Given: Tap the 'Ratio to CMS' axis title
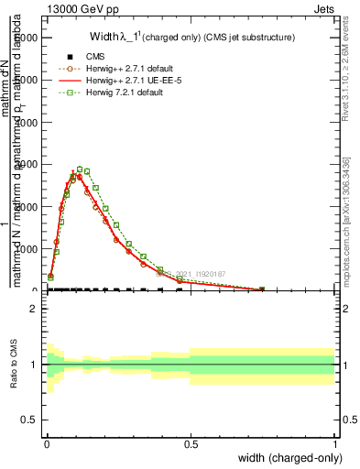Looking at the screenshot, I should [x=13, y=365].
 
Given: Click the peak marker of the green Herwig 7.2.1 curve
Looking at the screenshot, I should [x=81, y=169].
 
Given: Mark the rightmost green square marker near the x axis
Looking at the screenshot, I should [x=262, y=289].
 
